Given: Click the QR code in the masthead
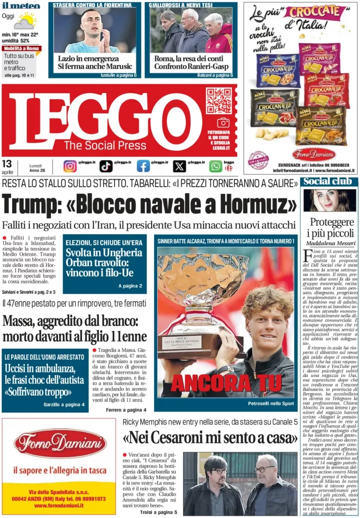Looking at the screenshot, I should pyautogui.click(x=218, y=100).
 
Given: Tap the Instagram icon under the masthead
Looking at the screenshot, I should pyautogui.click(x=70, y=166).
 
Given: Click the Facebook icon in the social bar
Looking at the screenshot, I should pyautogui.click(x=143, y=166).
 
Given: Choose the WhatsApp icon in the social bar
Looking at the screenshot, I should pyautogui.click(x=216, y=166).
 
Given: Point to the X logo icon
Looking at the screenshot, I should pyautogui.click(x=179, y=166).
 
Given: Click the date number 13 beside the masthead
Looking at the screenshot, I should pyautogui.click(x=7, y=163).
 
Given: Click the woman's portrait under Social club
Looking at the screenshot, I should pyautogui.click(x=329, y=200).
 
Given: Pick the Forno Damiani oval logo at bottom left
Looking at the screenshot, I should pyautogui.click(x=60, y=444).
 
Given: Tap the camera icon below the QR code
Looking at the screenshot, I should pyautogui.click(x=223, y=122).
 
